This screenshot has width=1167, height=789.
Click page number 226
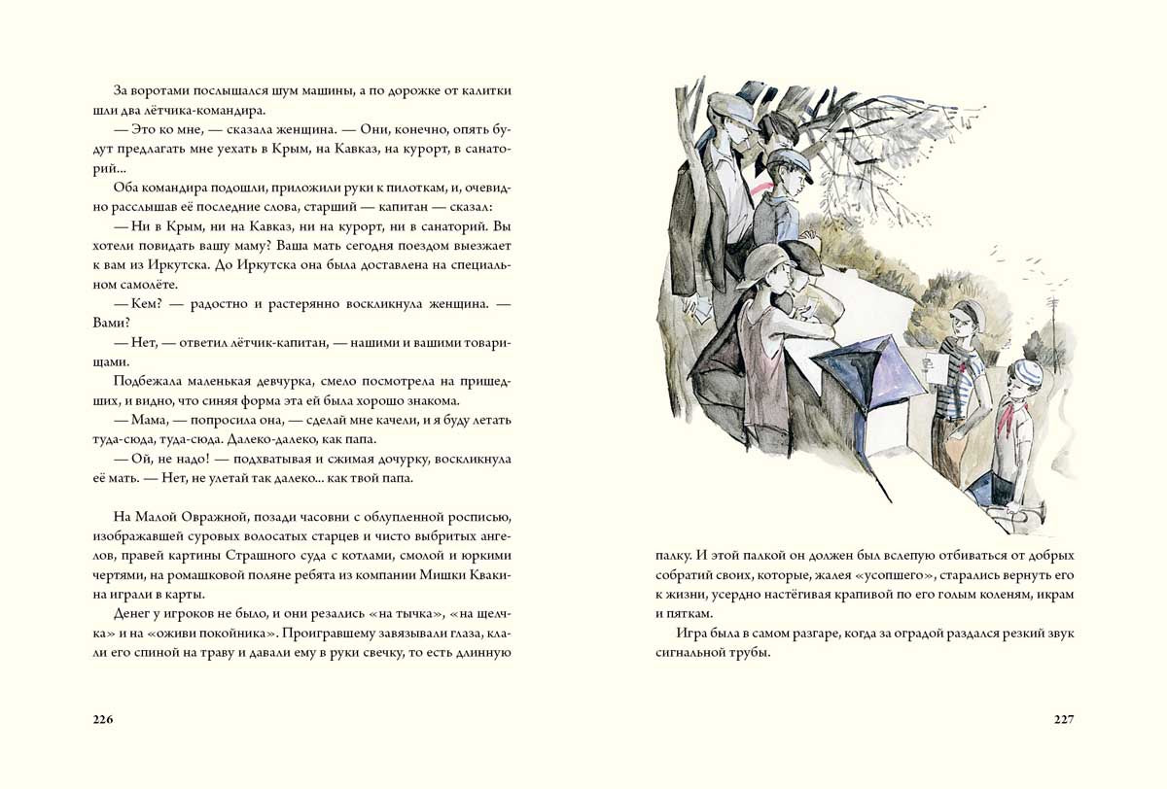(x=103, y=719)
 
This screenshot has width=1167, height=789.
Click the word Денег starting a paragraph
(x=135, y=613)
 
